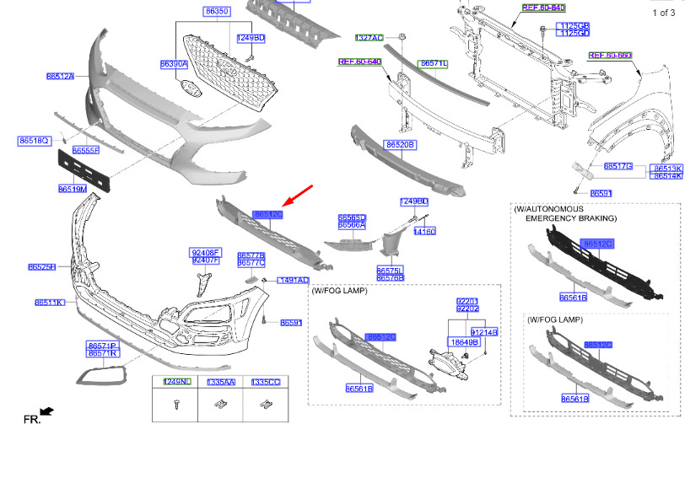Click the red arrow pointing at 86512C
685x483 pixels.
point(298,196)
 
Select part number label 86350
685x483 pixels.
point(216,12)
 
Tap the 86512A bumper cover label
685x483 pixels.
point(60,77)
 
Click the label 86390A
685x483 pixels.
point(174,64)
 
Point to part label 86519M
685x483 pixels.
point(73,189)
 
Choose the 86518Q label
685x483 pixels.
point(34,141)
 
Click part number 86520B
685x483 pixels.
point(400,145)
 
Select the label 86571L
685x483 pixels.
point(434,64)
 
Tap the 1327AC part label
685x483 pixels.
point(369,38)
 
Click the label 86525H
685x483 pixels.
point(41,267)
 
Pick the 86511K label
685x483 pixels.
point(49,303)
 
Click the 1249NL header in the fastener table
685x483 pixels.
point(177,382)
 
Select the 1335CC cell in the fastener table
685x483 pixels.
point(265,382)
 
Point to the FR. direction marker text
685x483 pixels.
point(31,419)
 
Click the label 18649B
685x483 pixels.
point(463,342)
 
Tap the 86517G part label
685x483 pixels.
point(618,167)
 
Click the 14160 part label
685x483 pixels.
point(424,231)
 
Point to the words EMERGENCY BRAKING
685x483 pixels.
point(571,218)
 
